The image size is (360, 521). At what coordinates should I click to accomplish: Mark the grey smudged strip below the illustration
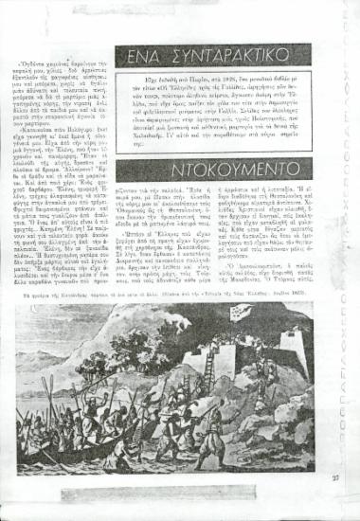[x=180, y=478]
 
